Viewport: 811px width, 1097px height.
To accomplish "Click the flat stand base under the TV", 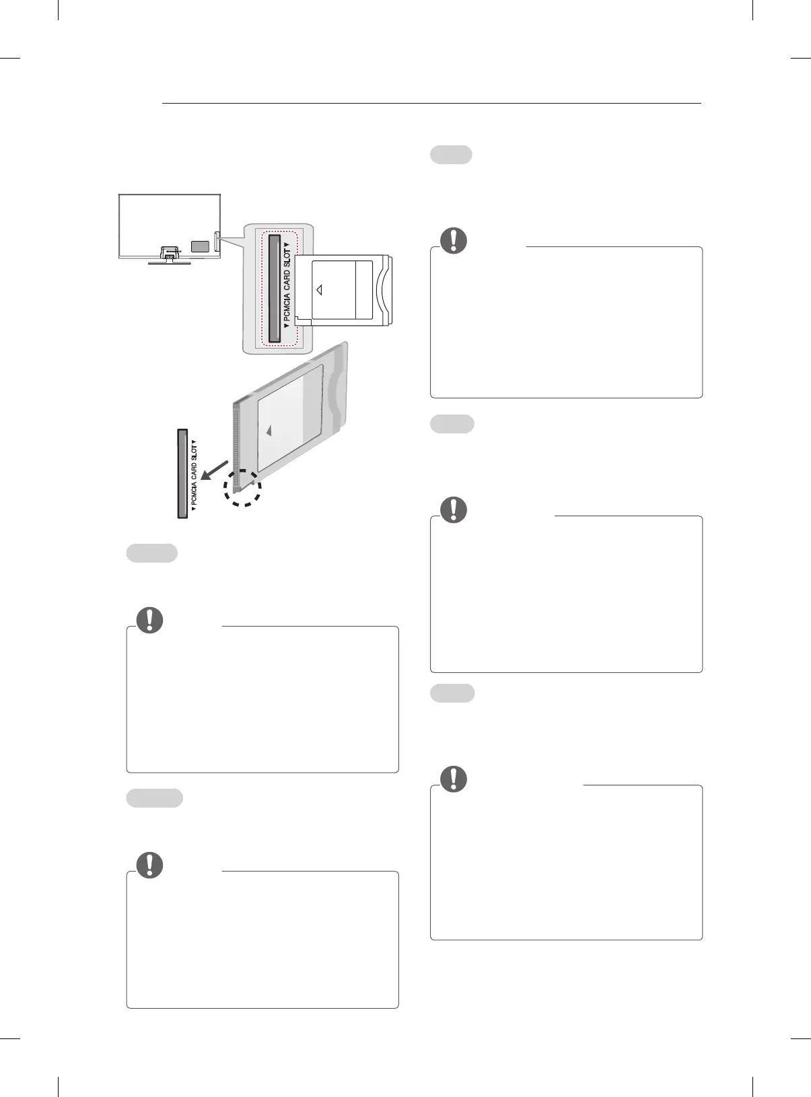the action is pyautogui.click(x=169, y=262).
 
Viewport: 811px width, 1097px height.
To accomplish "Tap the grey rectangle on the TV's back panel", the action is pyautogui.click(x=200, y=246).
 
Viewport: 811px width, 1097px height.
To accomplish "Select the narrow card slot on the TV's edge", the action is pyautogui.click(x=217, y=242).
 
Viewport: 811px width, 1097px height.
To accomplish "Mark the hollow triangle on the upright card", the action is pyautogui.click(x=319, y=289).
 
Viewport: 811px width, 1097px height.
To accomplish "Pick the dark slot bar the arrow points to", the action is pyautogui.click(x=182, y=473).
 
